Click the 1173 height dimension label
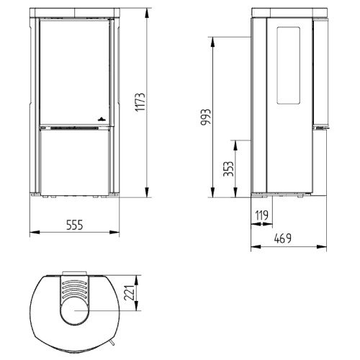tap(140, 102)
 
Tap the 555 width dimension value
tap(74, 225)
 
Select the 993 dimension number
tap(206, 117)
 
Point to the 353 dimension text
tap(228, 168)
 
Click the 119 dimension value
tap(261, 215)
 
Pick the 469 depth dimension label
tap(283, 238)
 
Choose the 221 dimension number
tap(129, 293)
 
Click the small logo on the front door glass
tap(102, 119)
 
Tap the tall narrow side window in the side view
tap(289, 66)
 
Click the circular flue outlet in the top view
tap(75, 311)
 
